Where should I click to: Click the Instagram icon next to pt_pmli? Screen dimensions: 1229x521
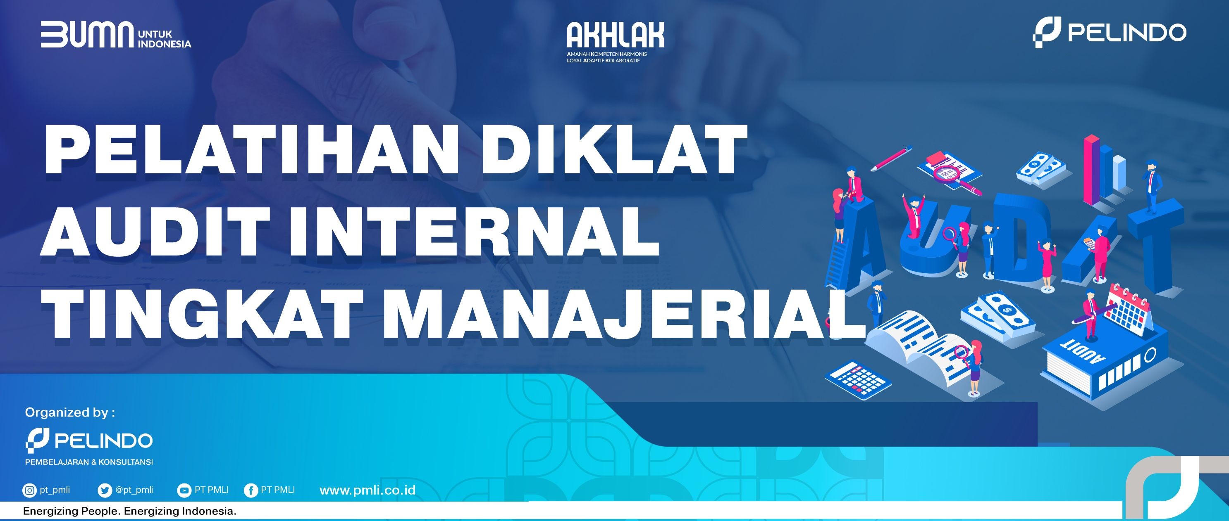coord(29,490)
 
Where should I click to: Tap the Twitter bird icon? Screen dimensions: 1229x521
coord(104,490)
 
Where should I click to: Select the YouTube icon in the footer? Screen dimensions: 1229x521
coord(184,490)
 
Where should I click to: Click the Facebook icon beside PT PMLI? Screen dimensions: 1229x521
coord(251,490)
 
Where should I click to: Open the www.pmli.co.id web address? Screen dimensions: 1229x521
coord(368,490)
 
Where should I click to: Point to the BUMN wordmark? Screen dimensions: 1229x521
coord(87,34)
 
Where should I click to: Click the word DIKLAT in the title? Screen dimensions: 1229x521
coord(614,150)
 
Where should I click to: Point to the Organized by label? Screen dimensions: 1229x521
coord(70,412)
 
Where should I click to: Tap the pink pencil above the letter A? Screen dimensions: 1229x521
coord(891,159)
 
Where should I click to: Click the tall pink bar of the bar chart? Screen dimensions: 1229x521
coord(1091,169)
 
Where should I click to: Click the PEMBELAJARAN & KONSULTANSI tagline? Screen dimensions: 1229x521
coord(89,462)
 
